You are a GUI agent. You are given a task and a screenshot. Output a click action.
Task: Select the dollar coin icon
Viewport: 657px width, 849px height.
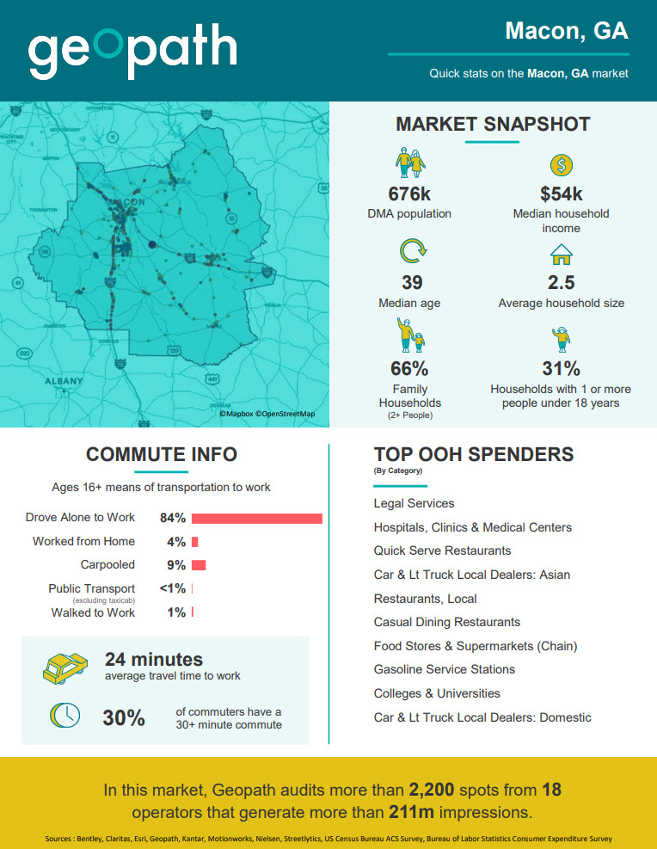pos(561,165)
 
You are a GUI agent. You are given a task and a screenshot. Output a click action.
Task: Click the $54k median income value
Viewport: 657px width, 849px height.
pos(561,194)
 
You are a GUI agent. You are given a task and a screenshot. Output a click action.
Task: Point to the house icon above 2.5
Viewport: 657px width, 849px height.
pos(561,255)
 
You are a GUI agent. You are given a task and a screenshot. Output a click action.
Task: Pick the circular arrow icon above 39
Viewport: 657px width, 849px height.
pos(412,252)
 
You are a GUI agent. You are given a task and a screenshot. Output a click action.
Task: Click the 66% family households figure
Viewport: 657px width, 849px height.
pos(410,368)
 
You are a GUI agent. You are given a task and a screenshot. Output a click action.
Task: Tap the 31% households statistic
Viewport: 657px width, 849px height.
pos(561,368)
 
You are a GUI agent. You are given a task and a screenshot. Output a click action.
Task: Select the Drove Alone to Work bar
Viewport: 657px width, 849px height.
pos(256,518)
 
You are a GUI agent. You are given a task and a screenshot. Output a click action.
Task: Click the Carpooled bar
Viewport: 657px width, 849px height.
pos(199,565)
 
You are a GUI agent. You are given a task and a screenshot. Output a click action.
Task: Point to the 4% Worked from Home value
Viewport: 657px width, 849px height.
pos(176,542)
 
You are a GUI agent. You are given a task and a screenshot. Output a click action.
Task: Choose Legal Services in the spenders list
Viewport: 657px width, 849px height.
pos(414,503)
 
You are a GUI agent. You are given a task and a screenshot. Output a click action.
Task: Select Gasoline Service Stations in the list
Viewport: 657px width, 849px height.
pos(444,669)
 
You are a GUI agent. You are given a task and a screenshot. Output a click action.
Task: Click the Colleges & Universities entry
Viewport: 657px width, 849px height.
pos(436,693)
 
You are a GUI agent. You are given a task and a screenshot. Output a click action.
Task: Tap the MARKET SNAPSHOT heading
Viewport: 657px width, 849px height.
pos(493,124)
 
